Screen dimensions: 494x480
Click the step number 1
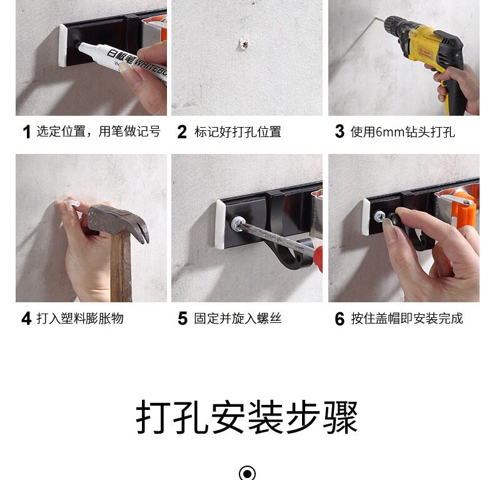(x=27, y=132)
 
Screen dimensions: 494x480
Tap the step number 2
(x=182, y=132)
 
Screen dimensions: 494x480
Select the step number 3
(x=340, y=131)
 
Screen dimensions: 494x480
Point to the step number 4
(x=26, y=319)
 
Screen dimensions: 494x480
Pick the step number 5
(x=183, y=318)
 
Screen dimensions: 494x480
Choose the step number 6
(x=340, y=319)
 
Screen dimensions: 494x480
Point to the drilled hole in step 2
(x=243, y=44)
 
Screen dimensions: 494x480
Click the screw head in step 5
(x=236, y=223)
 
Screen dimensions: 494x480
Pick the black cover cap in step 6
(x=394, y=219)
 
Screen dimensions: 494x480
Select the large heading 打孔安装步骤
(x=247, y=417)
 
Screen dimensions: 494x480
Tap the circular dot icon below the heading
(x=248, y=473)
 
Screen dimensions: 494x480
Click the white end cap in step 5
(x=221, y=224)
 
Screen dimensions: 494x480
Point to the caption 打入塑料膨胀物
(x=80, y=319)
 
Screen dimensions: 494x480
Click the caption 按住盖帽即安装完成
(x=406, y=319)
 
